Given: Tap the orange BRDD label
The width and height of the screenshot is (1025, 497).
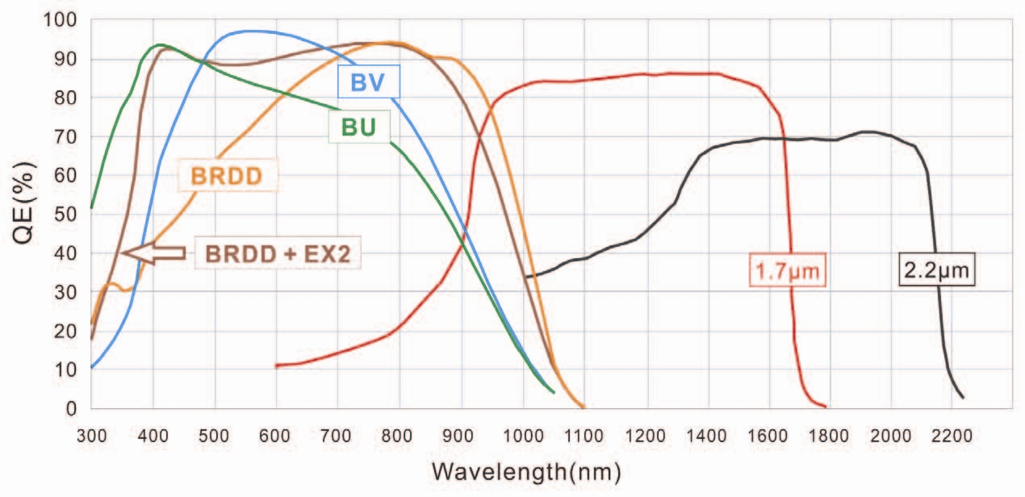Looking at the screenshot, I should (225, 175).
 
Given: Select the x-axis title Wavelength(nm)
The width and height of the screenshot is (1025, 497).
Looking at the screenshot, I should (525, 470).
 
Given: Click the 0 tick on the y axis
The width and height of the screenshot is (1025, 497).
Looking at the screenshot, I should (73, 408).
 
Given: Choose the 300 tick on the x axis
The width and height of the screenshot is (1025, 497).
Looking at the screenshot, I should (91, 436).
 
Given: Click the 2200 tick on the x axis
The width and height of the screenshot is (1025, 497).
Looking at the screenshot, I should (954, 436).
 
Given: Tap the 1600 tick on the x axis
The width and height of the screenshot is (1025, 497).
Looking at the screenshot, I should (769, 436).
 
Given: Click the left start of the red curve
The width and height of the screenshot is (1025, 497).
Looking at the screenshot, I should (277, 365).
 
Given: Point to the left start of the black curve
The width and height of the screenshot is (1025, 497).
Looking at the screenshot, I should (525, 277).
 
